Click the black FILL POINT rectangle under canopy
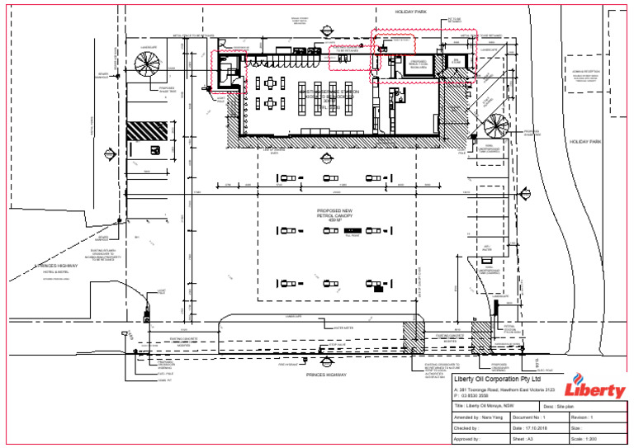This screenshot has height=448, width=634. [352, 229]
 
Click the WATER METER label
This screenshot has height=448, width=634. [338, 327]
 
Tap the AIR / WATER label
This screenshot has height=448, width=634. [487, 247]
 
